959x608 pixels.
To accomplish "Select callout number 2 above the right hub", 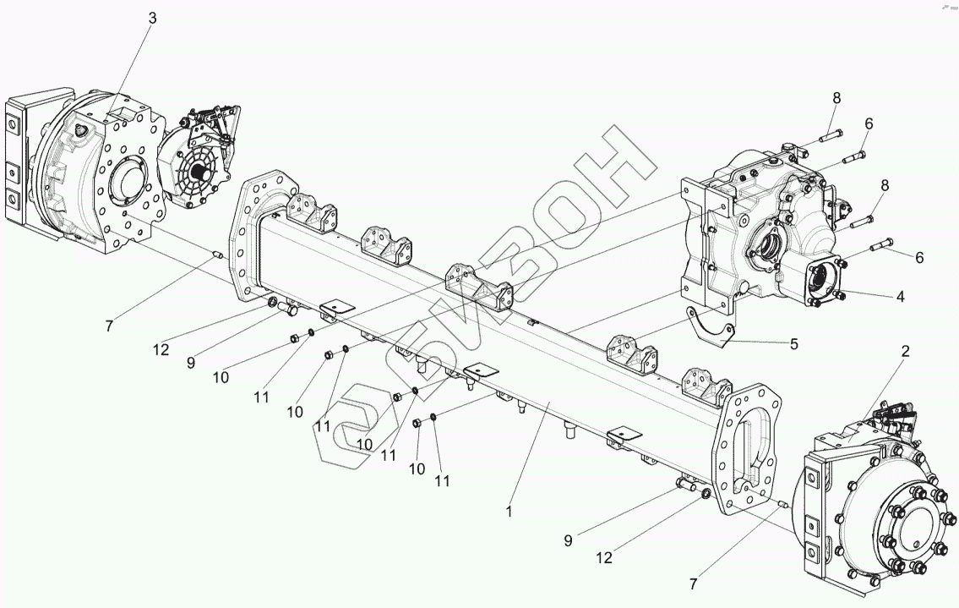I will (x=905, y=352).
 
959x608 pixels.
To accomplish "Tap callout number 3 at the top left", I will (x=152, y=18).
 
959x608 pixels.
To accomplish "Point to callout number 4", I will (x=901, y=297).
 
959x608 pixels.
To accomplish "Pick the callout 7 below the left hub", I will (x=112, y=325).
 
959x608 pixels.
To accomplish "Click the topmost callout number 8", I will (x=836, y=98).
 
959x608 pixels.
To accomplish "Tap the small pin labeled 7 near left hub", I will (x=218, y=253).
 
